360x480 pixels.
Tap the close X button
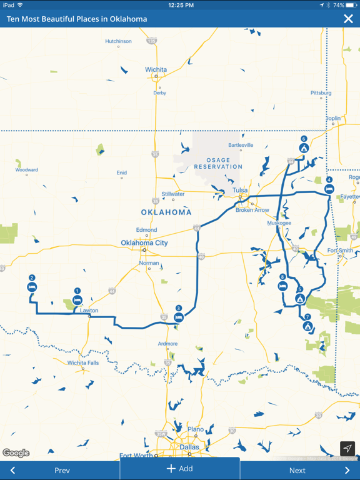(348, 19)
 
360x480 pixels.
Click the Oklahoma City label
(144, 243)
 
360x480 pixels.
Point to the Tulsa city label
(240, 190)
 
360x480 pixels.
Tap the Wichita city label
(156, 69)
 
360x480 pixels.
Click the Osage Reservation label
(218, 164)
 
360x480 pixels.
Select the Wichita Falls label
(83, 362)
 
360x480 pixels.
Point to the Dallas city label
(189, 447)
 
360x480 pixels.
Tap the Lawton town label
(89, 311)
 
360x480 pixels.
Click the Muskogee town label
(279, 223)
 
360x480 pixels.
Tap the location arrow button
(347, 448)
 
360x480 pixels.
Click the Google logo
(16, 453)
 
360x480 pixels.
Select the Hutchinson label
(118, 41)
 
